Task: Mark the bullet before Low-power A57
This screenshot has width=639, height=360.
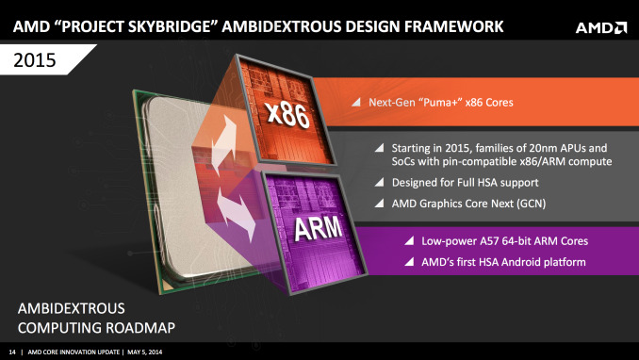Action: pyautogui.click(x=409, y=242)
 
